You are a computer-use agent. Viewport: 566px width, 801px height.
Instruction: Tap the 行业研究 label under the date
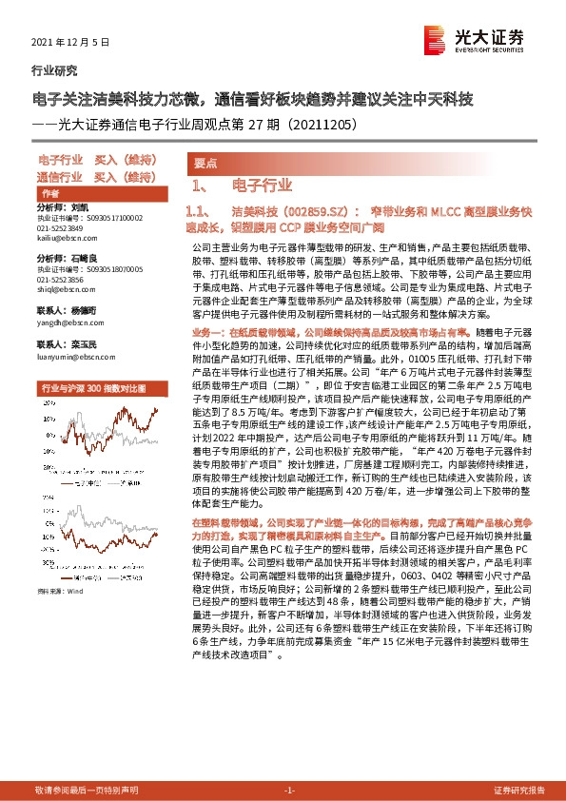(54, 69)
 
